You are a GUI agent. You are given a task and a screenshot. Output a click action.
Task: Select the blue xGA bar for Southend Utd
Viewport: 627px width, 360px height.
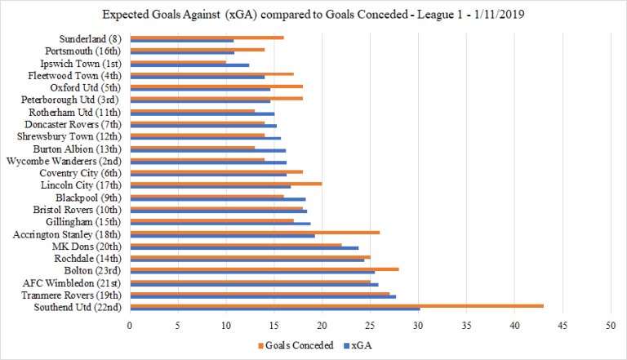click(274, 309)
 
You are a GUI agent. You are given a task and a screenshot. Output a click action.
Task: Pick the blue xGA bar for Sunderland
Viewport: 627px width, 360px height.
click(181, 41)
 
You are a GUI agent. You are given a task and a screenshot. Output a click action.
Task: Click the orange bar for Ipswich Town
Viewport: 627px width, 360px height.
click(178, 61)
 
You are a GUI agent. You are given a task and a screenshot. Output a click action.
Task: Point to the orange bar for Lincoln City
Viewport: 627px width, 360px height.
click(225, 184)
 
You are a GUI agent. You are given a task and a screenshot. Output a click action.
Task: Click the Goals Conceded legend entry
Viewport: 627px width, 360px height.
click(295, 344)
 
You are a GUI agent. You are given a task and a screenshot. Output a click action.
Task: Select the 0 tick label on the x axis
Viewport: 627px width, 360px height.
click(130, 325)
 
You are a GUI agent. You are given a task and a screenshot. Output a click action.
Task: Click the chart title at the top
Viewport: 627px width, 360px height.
click(313, 16)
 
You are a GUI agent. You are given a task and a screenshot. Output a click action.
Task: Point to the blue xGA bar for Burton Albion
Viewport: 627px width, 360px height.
click(207, 150)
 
